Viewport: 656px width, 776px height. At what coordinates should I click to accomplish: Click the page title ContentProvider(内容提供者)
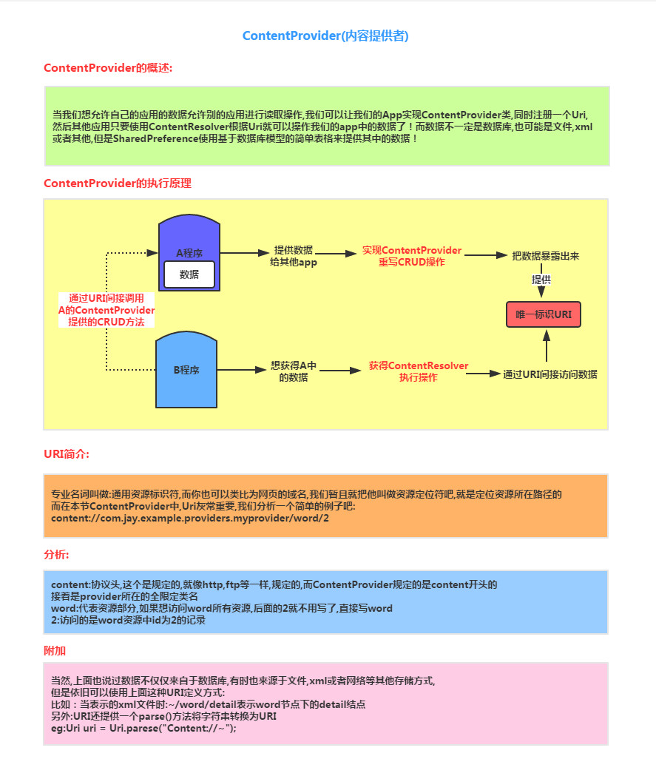325,36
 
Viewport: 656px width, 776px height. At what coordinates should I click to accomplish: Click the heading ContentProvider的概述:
108,68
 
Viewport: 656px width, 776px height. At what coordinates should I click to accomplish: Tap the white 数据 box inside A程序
189,274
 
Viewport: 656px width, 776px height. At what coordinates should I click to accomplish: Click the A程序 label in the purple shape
189,252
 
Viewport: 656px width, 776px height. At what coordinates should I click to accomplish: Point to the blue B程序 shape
186,370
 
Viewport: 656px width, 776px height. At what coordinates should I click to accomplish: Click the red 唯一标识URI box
543,314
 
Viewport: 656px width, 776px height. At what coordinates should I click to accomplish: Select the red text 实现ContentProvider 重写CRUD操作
412,256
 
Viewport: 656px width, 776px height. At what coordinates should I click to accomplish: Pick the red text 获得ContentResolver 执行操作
419,371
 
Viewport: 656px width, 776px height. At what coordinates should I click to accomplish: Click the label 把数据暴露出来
546,256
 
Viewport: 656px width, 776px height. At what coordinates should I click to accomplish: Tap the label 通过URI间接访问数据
550,374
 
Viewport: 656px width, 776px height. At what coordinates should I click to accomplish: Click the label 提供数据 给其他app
294,256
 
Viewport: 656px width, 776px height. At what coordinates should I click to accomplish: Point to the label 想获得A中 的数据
294,371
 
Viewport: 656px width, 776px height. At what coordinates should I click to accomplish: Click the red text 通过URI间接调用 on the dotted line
106,298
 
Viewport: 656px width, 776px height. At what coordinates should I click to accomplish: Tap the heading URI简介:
67,453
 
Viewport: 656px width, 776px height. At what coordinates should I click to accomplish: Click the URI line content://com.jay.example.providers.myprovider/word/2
190,519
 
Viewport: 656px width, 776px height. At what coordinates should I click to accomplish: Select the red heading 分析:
57,554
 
